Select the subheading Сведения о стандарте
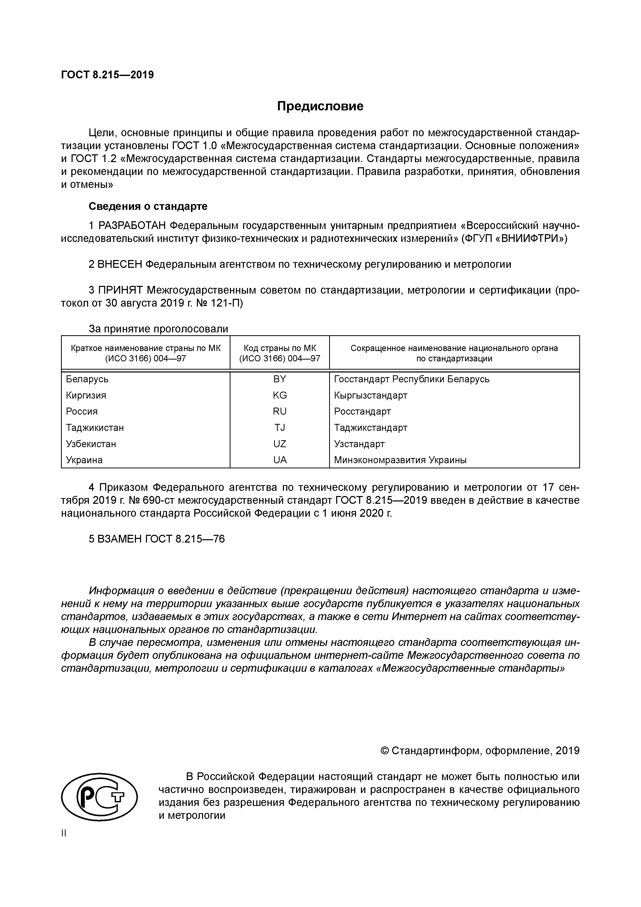(x=148, y=206)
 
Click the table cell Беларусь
(x=87, y=379)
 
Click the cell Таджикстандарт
(x=370, y=428)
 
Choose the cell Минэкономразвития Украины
(x=400, y=460)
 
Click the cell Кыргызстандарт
(x=370, y=395)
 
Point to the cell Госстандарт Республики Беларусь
(x=412, y=379)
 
